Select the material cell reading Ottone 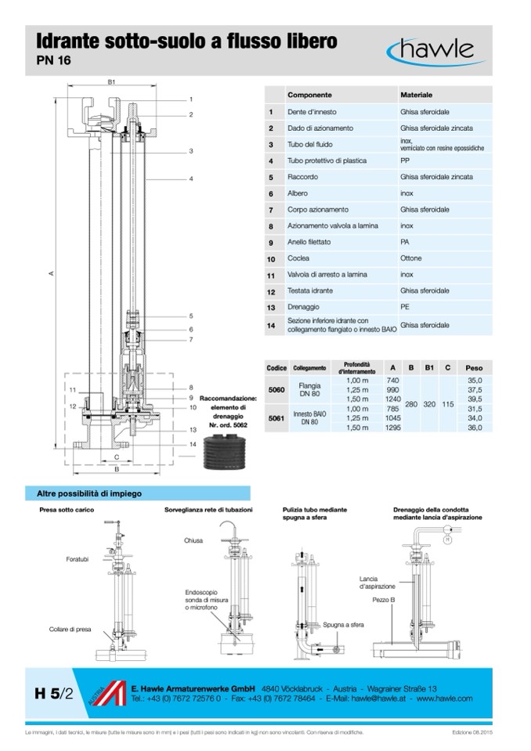coord(411,258)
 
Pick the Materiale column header coord(417,93)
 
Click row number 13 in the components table coord(270,308)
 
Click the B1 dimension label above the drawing coord(112,81)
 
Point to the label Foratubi coord(78,559)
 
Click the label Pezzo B coord(384,598)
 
